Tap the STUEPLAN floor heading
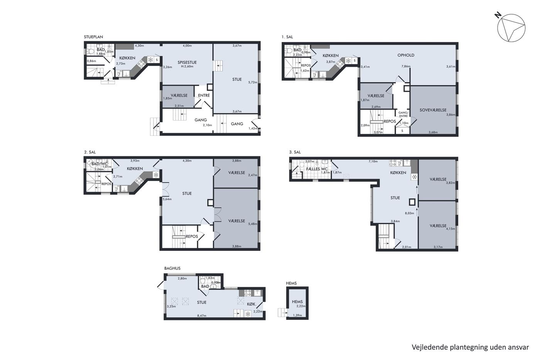click(x=93, y=37)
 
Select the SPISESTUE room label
click(x=187, y=63)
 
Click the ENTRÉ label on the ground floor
click(x=204, y=95)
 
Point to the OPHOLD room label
click(x=406, y=55)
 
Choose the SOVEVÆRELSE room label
click(x=433, y=110)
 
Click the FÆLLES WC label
click(x=317, y=169)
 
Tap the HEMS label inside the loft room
click(x=297, y=302)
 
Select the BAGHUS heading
click(x=172, y=268)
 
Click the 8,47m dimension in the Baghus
click(x=201, y=315)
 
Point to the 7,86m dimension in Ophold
click(x=406, y=66)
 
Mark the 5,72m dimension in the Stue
click(x=253, y=82)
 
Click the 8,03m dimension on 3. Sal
click(x=409, y=213)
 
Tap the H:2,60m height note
click(x=187, y=66)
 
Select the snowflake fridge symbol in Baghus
click(x=248, y=314)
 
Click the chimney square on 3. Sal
click(x=412, y=202)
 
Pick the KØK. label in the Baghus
click(x=251, y=304)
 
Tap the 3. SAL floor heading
click(x=295, y=152)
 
